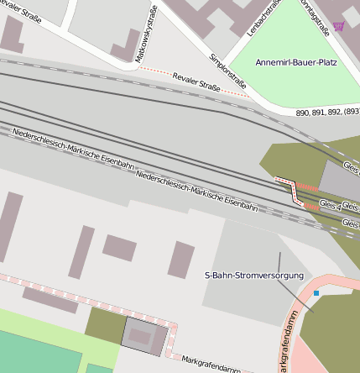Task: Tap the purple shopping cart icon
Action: pos(338,27)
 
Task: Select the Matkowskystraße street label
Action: pos(146,34)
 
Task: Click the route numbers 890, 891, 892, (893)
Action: pos(327,113)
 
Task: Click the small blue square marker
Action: pos(316,293)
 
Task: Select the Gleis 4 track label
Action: pos(331,204)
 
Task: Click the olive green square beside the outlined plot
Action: pos(103,324)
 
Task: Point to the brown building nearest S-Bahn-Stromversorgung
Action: pos(180,260)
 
